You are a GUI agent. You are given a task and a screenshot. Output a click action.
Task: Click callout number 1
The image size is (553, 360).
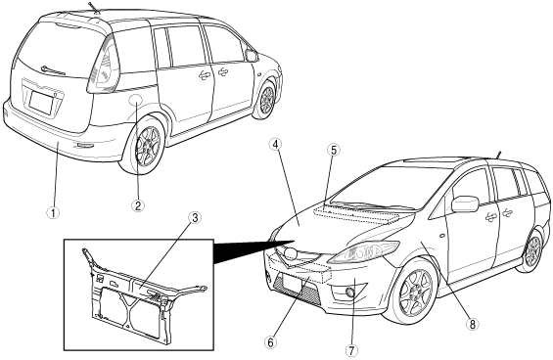(x=53, y=212)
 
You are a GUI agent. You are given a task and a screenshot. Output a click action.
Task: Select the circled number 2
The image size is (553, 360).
(x=138, y=205)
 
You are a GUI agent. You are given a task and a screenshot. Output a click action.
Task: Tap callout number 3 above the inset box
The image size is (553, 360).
(x=195, y=218)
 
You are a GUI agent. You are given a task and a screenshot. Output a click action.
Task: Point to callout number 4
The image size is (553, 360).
(x=277, y=144)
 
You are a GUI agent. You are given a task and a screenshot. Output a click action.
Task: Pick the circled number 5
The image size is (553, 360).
(x=334, y=150)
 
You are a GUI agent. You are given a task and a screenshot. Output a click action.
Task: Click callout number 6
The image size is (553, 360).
(x=270, y=341)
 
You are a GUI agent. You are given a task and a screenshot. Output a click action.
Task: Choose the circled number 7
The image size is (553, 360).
(x=351, y=350)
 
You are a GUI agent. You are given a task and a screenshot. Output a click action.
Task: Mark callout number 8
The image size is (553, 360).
(x=472, y=324)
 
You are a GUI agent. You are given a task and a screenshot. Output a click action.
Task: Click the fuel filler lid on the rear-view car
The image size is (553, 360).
(x=136, y=99)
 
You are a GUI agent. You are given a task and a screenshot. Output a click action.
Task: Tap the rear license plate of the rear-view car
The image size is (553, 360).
(x=41, y=103)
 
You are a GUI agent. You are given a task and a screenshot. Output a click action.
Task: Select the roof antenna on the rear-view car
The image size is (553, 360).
(x=94, y=8)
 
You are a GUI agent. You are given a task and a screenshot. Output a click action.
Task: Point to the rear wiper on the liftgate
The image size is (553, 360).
(x=53, y=70)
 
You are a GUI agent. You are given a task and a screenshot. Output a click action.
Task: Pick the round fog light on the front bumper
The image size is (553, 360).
(x=350, y=292)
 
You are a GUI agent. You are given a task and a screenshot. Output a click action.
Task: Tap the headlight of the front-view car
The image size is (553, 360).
(x=364, y=251)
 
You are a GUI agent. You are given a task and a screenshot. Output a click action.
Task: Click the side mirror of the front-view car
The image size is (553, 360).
(x=465, y=204)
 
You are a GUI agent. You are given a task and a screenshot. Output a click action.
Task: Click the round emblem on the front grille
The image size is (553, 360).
(x=292, y=253)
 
